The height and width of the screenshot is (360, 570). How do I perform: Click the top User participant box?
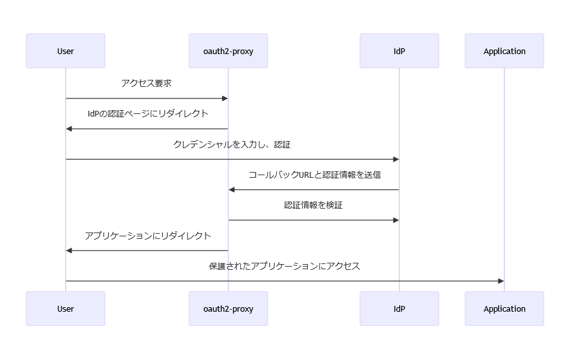[x=65, y=51]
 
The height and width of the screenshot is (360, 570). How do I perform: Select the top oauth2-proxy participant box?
[x=228, y=51]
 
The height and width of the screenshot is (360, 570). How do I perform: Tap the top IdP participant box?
[x=399, y=51]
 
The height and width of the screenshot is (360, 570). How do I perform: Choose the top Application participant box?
[x=504, y=51]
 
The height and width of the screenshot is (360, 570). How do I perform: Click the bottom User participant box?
[x=65, y=308]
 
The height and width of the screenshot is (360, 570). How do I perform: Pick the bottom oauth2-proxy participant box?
[x=228, y=308]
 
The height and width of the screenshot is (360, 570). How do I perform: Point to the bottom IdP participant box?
[x=399, y=308]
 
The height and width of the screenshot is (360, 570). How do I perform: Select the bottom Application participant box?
[x=504, y=308]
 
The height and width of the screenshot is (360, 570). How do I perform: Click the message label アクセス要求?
[x=146, y=84]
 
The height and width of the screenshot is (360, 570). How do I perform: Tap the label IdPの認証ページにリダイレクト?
[x=147, y=114]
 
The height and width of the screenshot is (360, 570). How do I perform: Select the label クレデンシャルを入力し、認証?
[x=232, y=144]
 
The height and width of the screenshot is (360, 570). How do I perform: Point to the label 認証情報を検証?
[x=314, y=205]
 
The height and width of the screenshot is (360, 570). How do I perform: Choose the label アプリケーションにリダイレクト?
[x=147, y=236]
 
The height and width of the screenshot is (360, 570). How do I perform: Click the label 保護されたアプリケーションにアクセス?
[x=284, y=266]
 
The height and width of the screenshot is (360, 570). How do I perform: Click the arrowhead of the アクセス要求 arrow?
[x=225, y=99]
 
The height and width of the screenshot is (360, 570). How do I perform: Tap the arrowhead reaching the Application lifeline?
[x=500, y=281]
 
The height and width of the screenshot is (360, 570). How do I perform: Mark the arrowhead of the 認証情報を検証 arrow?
[x=395, y=220]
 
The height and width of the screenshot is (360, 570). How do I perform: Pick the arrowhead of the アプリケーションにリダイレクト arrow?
[x=70, y=251]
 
